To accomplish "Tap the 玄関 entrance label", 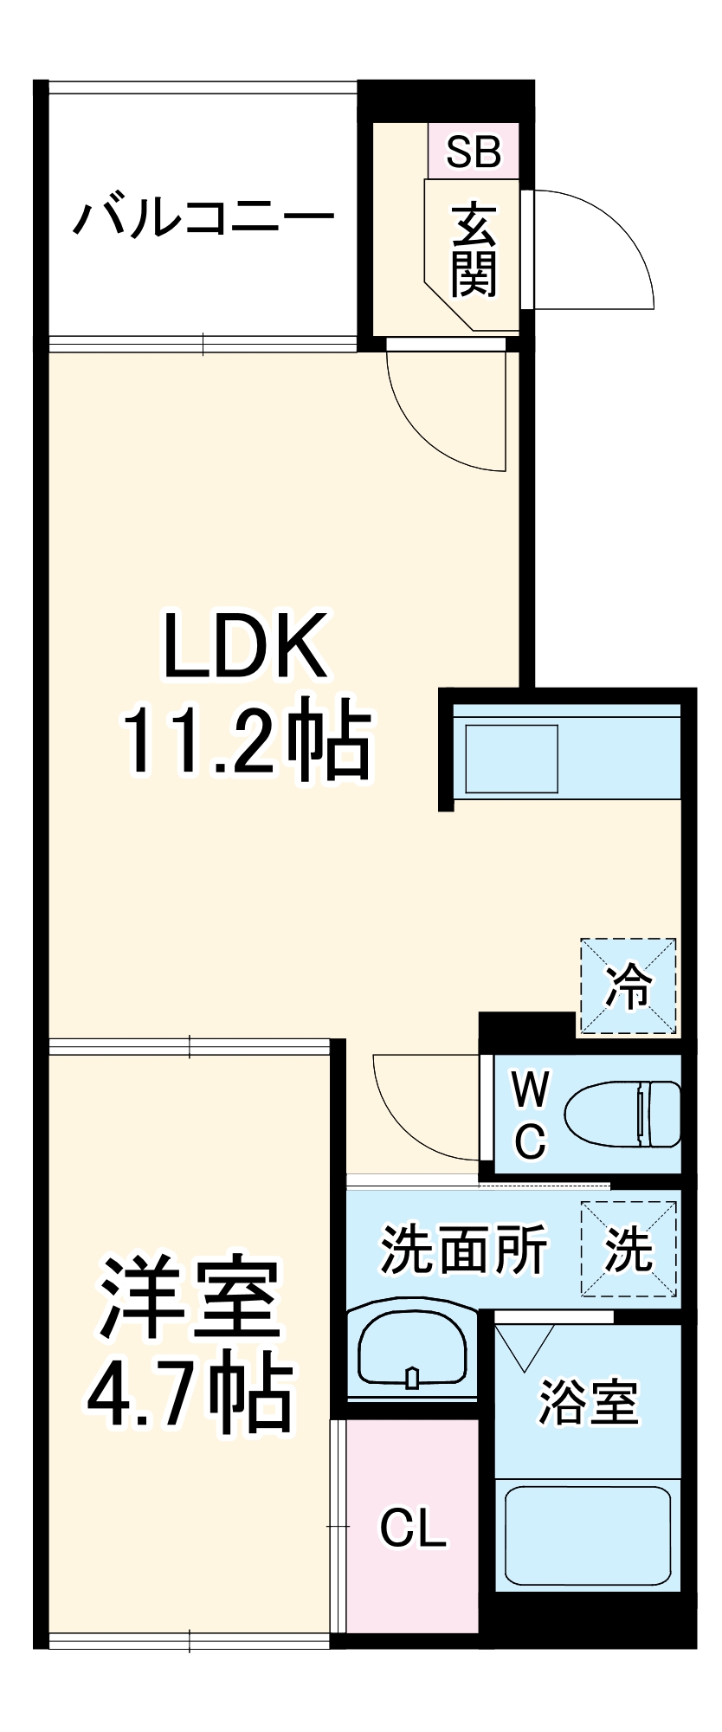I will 474,249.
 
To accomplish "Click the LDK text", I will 246,646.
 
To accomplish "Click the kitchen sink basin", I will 512,759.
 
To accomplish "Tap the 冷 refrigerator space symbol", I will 628,986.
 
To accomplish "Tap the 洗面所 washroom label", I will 464,1249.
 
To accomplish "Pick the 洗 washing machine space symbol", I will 629,1249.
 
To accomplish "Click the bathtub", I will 588,1536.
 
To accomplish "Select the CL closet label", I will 413,1528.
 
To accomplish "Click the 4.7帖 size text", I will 190,1394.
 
